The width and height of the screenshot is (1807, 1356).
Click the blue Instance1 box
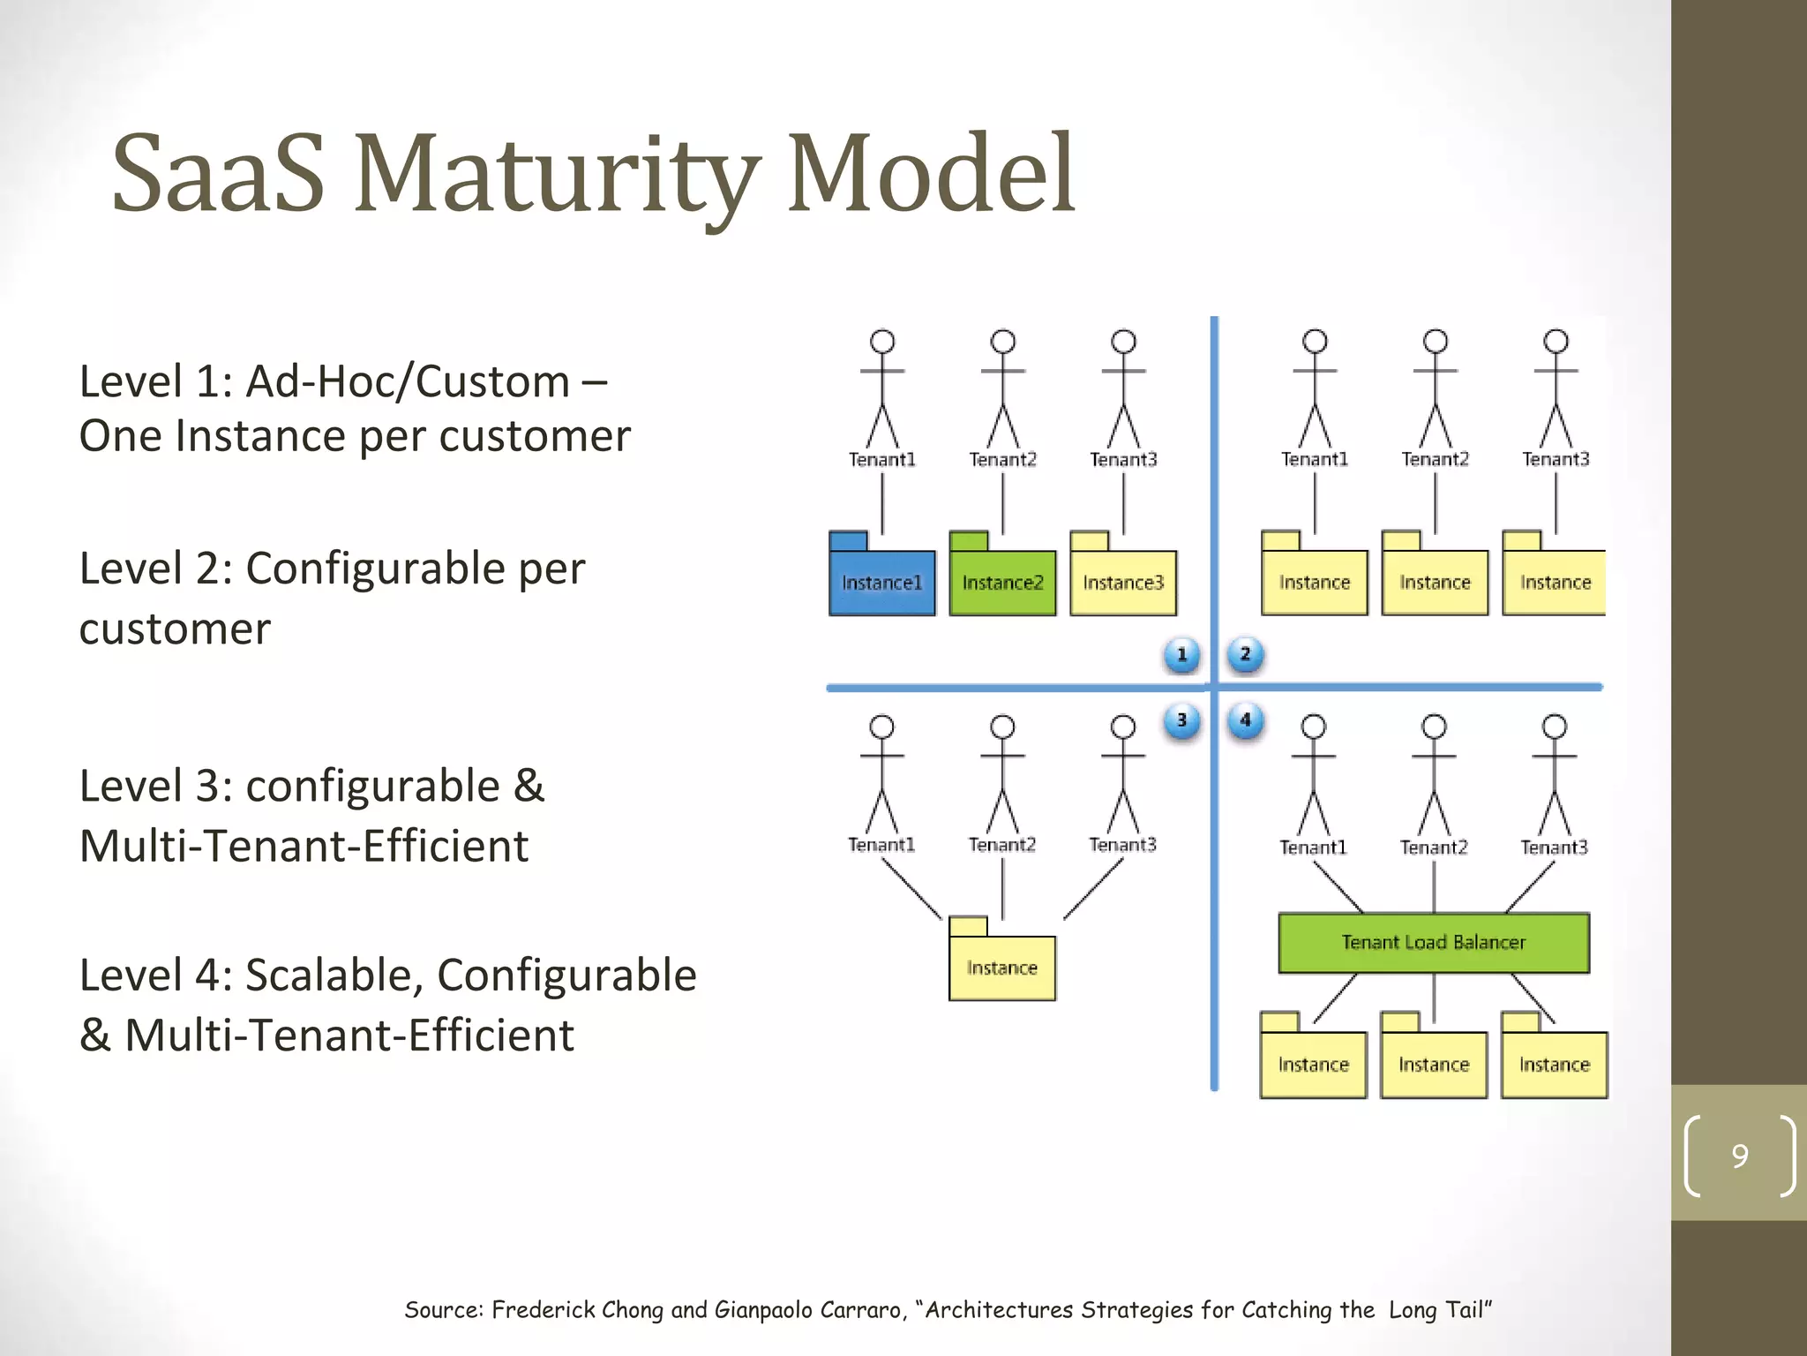(881, 583)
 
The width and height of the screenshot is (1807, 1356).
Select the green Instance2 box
(1002, 583)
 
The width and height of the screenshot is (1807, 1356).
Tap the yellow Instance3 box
(1122, 583)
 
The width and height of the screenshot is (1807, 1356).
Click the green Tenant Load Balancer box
(1433, 942)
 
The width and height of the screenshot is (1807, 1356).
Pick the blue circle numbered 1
(1181, 655)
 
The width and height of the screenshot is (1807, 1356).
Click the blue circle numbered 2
(1245, 654)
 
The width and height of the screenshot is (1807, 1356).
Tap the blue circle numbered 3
(1181, 720)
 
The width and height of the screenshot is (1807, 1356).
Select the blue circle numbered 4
(1245, 720)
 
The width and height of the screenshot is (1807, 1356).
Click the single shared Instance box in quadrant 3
(1001, 968)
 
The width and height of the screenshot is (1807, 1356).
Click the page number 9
(1739, 1156)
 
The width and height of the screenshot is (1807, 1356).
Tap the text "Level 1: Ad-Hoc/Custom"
(324, 382)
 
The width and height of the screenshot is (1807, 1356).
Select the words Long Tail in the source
(1439, 1309)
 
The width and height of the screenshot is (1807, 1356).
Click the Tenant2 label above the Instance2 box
(1002, 459)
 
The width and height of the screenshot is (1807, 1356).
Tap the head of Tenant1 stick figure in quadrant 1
(882, 342)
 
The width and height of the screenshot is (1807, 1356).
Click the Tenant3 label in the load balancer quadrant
(1554, 847)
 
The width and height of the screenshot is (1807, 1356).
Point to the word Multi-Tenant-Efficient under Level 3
(304, 846)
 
